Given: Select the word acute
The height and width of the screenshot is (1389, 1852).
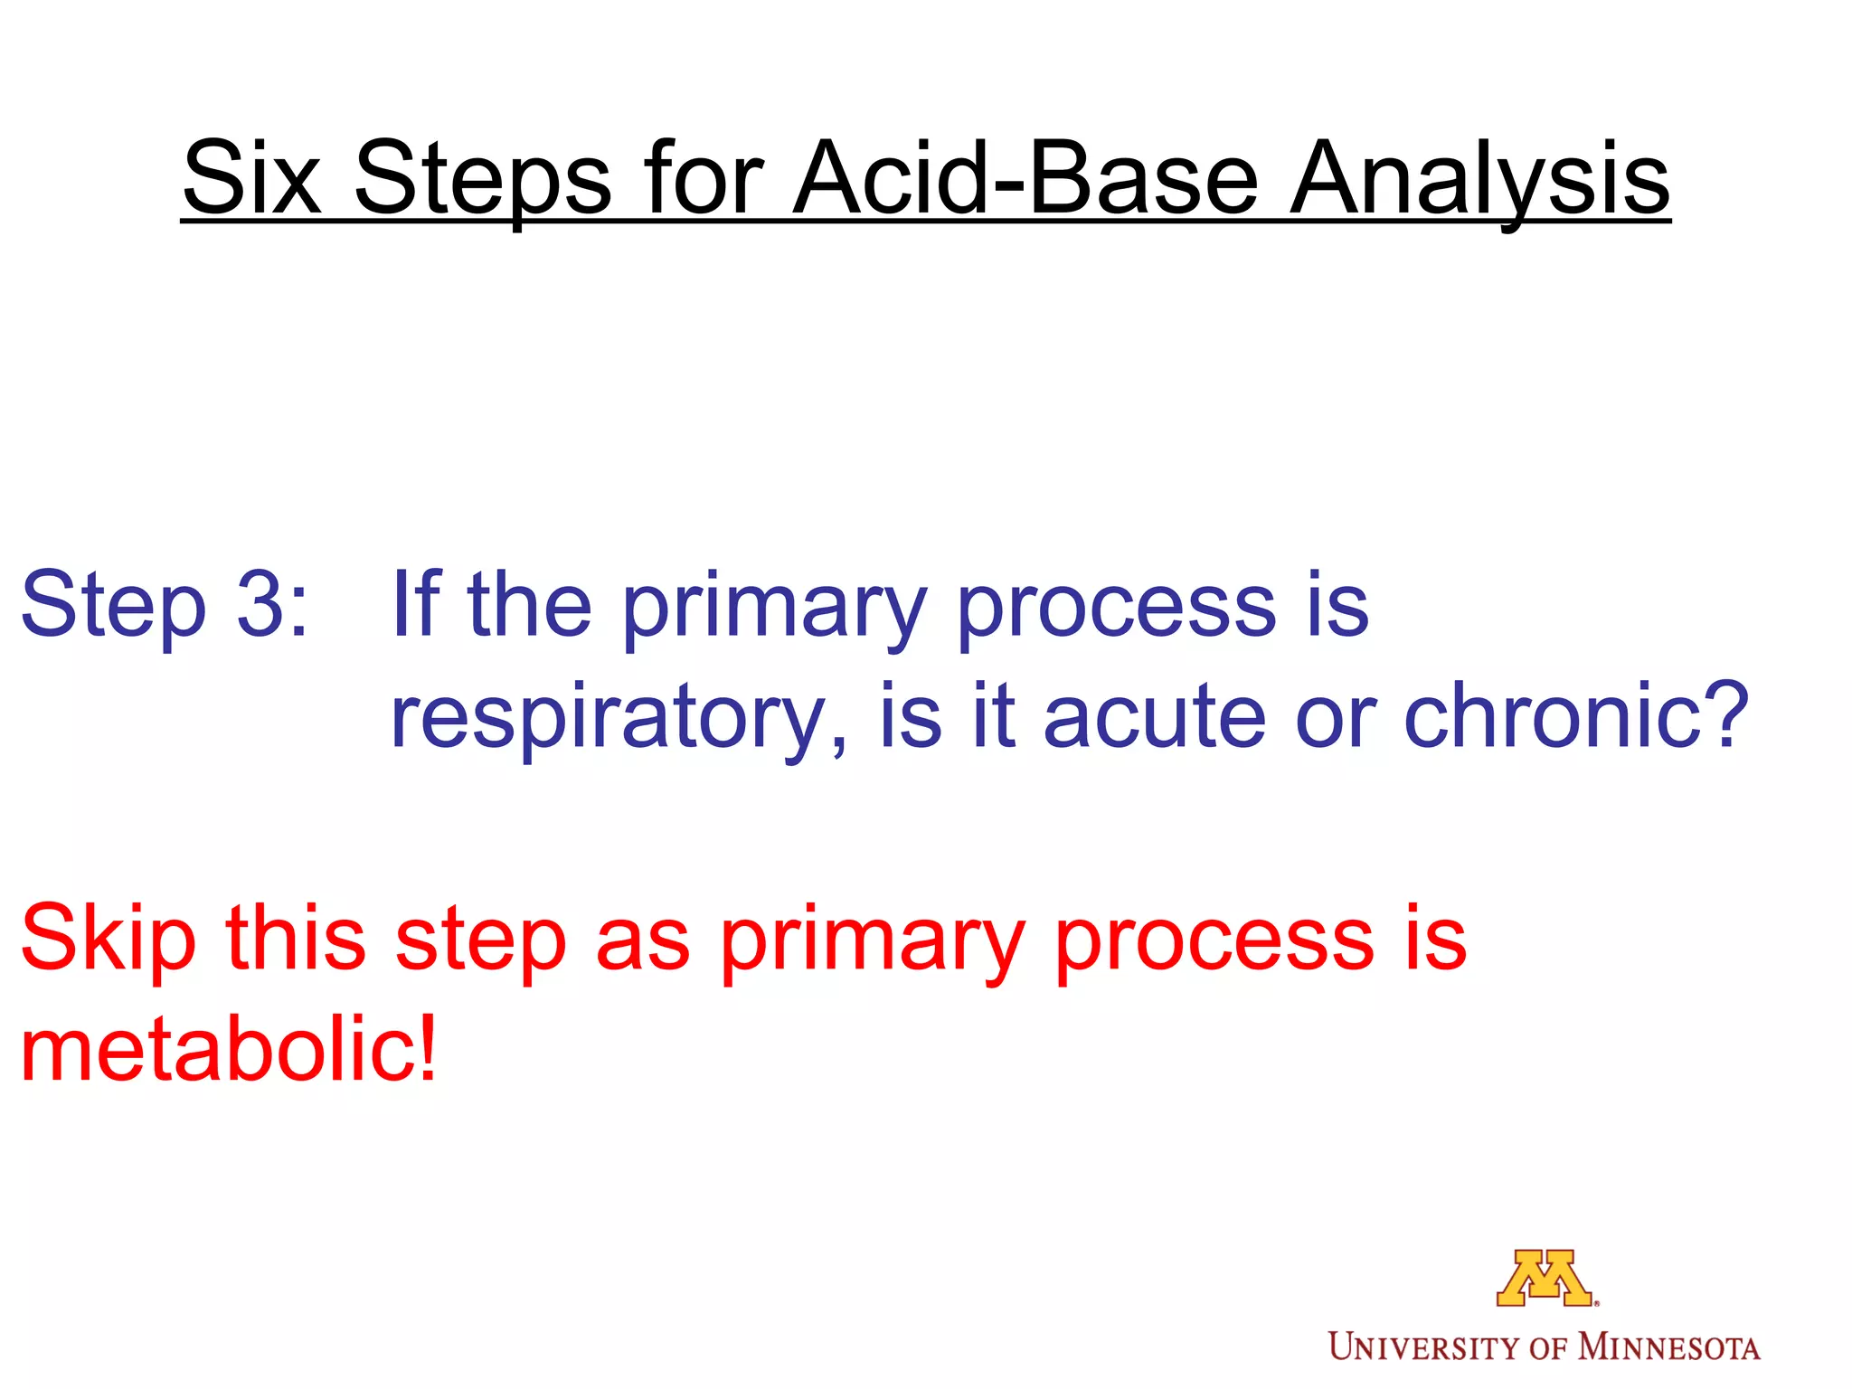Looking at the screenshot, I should [x=1154, y=716].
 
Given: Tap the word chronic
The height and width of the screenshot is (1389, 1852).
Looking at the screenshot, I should [x=1554, y=716].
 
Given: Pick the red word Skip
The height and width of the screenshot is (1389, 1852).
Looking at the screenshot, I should [x=109, y=940].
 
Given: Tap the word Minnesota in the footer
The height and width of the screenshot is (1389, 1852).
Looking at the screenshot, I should [x=1669, y=1347].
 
